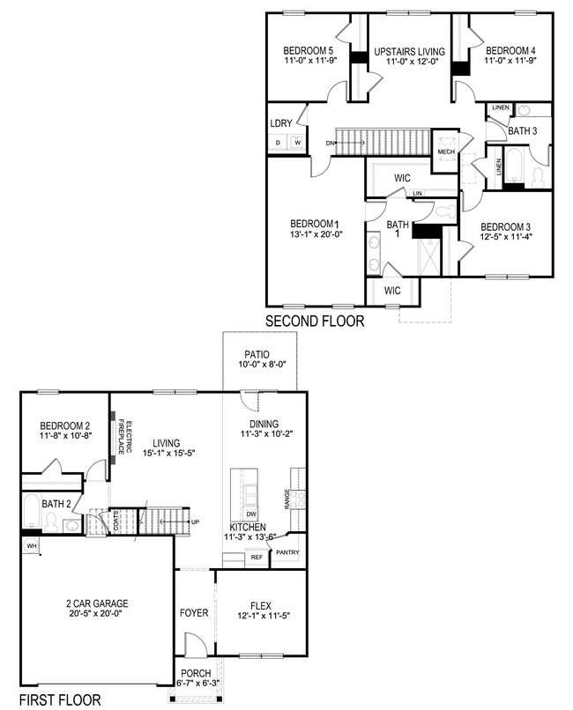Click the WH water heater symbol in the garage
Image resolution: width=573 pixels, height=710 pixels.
point(31,545)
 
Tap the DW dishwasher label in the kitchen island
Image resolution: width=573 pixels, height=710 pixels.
point(251,514)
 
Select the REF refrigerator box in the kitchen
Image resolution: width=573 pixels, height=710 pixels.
point(257,558)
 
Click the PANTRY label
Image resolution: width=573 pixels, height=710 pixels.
point(287,552)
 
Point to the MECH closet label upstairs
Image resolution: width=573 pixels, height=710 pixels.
point(446,152)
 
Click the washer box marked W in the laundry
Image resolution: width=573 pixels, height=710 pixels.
point(298,143)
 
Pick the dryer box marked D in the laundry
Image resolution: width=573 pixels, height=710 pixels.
point(278,143)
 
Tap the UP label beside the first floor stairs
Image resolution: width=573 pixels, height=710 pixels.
point(195,522)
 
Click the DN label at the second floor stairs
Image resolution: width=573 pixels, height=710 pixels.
point(330,143)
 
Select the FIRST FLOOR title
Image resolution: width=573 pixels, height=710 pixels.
point(60,699)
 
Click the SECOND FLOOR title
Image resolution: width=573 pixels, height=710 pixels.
point(315,321)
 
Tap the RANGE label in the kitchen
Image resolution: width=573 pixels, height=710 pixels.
point(286,499)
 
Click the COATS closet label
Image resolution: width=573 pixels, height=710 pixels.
point(116,521)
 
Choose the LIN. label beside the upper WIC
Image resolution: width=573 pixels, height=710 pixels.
point(418,193)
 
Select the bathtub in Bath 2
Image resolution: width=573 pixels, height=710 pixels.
point(31,511)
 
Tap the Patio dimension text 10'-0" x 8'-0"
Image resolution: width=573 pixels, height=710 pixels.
point(263,364)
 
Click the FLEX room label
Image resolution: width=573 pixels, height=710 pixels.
point(261,606)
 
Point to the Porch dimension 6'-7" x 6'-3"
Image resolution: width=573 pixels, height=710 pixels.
point(196,683)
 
